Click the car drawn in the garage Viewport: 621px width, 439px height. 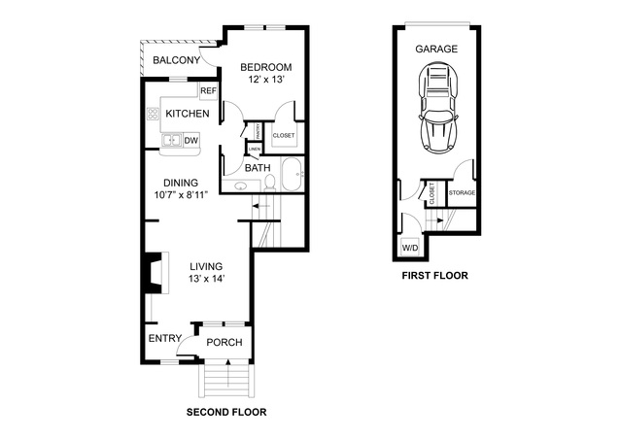[x=437, y=107]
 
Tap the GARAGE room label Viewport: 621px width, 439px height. [x=436, y=49]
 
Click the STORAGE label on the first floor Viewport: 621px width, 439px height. [x=462, y=192]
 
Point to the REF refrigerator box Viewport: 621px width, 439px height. [x=207, y=91]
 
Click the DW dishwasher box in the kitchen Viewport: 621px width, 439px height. [x=191, y=141]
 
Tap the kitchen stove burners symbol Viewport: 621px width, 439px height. [x=153, y=115]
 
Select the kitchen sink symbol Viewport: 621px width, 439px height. [x=171, y=141]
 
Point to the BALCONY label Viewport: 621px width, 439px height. [x=177, y=61]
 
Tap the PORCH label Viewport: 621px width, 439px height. [x=224, y=342]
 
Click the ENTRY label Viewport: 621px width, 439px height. [x=164, y=339]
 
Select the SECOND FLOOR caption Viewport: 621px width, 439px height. [x=225, y=412]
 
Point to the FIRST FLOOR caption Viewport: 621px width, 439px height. [x=434, y=276]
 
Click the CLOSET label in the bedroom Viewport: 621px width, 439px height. [x=284, y=135]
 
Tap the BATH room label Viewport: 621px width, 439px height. [x=258, y=168]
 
